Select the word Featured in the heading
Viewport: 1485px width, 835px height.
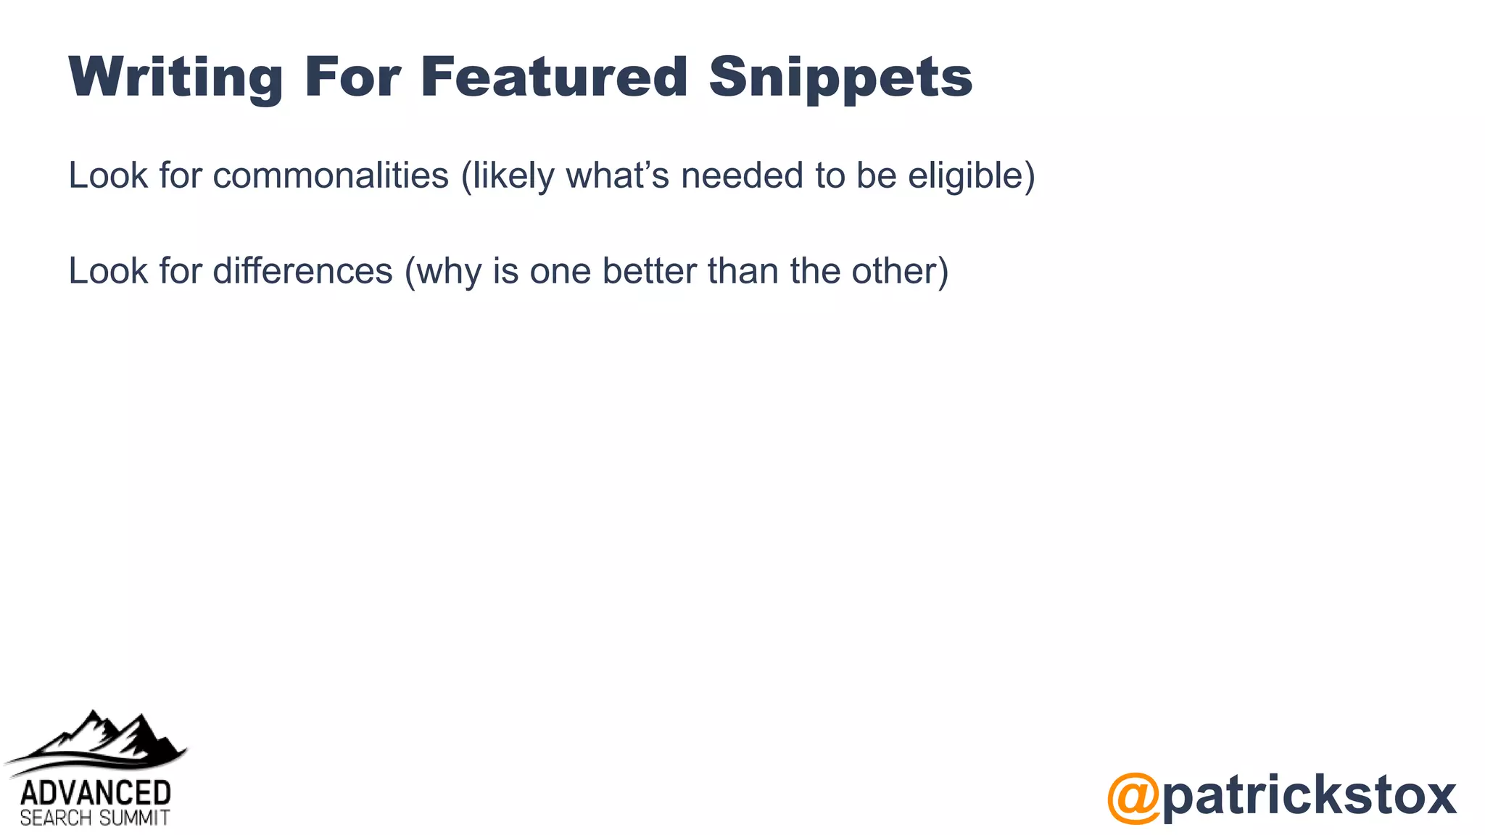click(x=554, y=76)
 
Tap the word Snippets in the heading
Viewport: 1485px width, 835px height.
click(x=840, y=78)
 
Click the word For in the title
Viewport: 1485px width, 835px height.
click(x=352, y=76)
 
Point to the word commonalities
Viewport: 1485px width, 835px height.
click(x=331, y=175)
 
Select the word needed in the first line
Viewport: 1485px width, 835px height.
click(x=742, y=175)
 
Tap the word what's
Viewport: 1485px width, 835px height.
click(x=617, y=175)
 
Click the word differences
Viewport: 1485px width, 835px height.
click(x=302, y=271)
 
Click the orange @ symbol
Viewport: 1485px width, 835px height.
click(x=1133, y=797)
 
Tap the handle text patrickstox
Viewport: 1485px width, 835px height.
click(x=1310, y=796)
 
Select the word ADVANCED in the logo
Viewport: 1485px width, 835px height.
click(x=96, y=793)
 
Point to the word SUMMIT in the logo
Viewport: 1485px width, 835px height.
click(x=134, y=819)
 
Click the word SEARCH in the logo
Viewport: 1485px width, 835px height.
click(x=56, y=819)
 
